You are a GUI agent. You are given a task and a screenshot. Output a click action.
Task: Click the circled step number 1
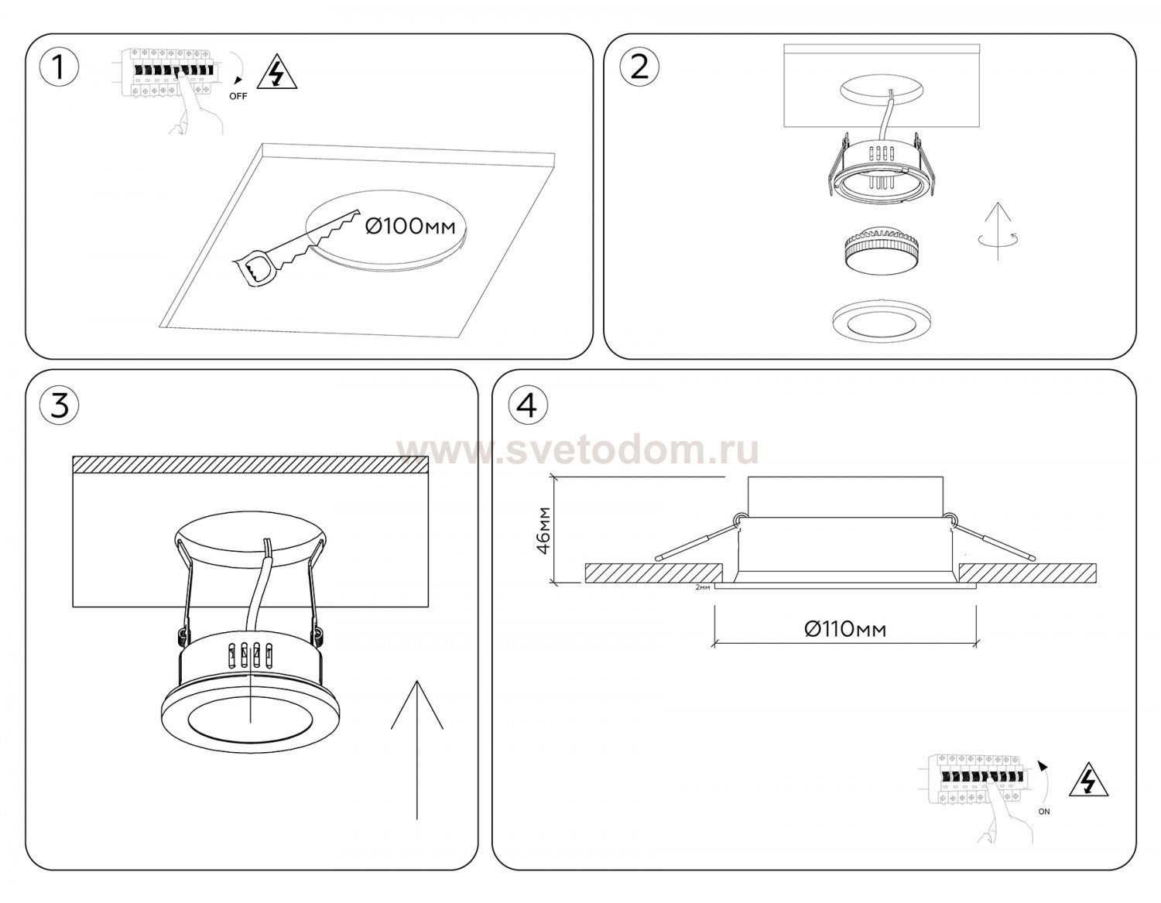60,68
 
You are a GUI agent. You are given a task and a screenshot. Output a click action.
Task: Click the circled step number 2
639,68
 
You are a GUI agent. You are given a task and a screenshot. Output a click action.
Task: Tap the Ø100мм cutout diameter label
410,227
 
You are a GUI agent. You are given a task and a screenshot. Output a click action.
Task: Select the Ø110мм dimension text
845,630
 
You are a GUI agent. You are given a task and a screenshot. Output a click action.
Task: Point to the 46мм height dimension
544,530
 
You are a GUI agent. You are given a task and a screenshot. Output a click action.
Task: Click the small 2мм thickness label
703,587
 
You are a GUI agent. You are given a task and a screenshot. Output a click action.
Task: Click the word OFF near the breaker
238,97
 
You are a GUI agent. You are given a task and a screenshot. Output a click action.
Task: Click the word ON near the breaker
1044,811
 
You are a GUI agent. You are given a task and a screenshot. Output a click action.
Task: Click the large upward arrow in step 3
416,749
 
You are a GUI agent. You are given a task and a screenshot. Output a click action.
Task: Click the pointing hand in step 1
196,104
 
